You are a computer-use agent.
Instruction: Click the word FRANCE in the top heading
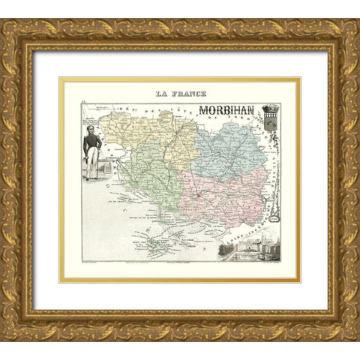click(x=188, y=94)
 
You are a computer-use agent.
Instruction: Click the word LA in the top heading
click(x=161, y=94)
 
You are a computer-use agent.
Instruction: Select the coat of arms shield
click(x=270, y=124)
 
